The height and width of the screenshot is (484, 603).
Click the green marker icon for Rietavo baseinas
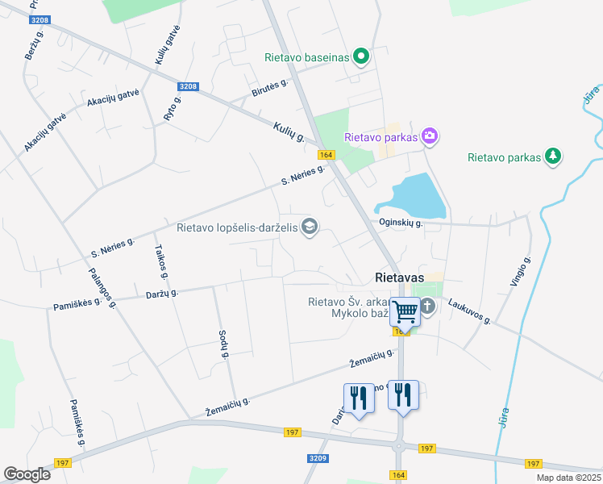point(361,56)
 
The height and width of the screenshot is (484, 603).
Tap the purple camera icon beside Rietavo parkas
point(430,136)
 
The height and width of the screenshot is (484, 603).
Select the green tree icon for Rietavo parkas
point(552,156)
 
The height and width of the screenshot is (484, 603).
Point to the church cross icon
point(427,306)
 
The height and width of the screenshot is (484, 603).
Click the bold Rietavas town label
point(400,277)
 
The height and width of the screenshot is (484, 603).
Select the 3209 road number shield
point(318,457)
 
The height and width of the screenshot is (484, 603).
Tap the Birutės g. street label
point(270,89)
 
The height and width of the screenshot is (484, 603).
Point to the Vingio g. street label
point(521,272)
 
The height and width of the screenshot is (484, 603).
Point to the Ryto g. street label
point(173,107)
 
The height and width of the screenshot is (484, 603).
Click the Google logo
point(27,474)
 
